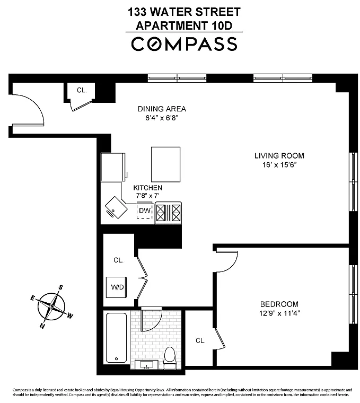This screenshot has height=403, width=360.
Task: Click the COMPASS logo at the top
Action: [x=184, y=43]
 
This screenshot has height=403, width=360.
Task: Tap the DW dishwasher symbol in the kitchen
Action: [x=144, y=211]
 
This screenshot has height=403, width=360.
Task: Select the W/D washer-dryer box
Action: [x=117, y=287]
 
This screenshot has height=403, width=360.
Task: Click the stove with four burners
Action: [x=168, y=213]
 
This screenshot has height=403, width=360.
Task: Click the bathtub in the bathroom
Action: [x=117, y=338]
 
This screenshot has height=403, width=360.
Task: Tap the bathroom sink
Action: [x=146, y=364]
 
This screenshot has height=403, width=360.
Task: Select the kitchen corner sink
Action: [x=116, y=207]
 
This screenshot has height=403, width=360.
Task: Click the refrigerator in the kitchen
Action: [x=113, y=168]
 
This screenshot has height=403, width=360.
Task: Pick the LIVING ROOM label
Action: [x=279, y=156]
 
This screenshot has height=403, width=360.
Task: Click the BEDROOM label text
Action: [x=279, y=304]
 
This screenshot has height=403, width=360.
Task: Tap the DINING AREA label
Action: [x=162, y=109]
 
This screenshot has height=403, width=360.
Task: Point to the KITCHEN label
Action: [x=148, y=188]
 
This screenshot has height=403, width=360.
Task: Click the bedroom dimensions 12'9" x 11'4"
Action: [x=279, y=313]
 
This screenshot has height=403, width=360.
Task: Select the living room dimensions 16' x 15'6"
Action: [x=279, y=165]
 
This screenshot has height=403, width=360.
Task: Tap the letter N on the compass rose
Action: [x=42, y=326]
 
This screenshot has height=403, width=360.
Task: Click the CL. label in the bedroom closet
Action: [x=200, y=341]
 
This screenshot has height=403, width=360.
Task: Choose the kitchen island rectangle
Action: [x=166, y=164]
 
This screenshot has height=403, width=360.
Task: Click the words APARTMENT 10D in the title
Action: [x=184, y=25]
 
